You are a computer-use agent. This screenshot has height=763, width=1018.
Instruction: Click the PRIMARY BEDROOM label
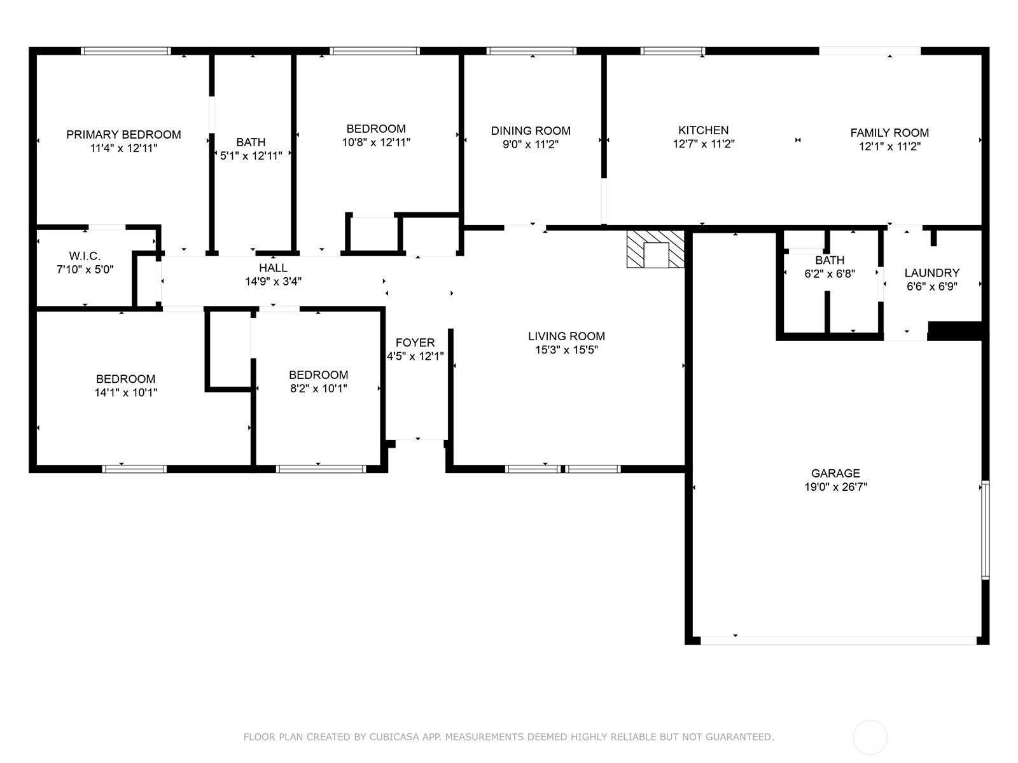tap(123, 134)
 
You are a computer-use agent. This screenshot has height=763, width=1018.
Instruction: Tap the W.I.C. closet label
tap(85, 256)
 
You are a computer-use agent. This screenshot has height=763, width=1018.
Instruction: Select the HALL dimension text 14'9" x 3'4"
tap(273, 281)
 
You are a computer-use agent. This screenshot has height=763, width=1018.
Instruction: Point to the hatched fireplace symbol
tap(655, 249)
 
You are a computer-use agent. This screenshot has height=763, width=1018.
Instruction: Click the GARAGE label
tap(835, 473)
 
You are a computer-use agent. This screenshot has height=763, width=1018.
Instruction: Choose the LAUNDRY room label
tap(931, 273)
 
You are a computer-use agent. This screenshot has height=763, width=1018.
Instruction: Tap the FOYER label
tap(415, 342)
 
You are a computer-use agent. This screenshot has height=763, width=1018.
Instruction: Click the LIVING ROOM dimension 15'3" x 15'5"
tap(566, 350)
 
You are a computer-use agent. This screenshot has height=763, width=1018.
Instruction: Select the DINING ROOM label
tap(531, 130)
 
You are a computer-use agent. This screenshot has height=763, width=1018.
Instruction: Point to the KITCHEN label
tap(703, 130)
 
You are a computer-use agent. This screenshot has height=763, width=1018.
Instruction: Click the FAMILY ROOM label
tap(889, 133)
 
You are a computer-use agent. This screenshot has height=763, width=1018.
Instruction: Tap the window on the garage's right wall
tap(986, 530)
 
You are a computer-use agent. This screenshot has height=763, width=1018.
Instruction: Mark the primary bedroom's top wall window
tap(126, 51)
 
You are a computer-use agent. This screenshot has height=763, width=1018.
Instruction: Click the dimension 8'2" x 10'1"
tap(319, 388)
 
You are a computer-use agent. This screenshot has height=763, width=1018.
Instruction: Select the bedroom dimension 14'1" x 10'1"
tap(126, 392)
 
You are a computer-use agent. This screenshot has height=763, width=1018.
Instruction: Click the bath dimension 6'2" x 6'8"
tap(830, 274)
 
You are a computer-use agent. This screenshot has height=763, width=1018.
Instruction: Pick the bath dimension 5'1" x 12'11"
tap(251, 156)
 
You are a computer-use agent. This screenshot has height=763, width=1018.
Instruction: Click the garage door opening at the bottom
tap(839, 641)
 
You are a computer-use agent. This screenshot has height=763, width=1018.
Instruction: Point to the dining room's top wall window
tap(531, 51)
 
